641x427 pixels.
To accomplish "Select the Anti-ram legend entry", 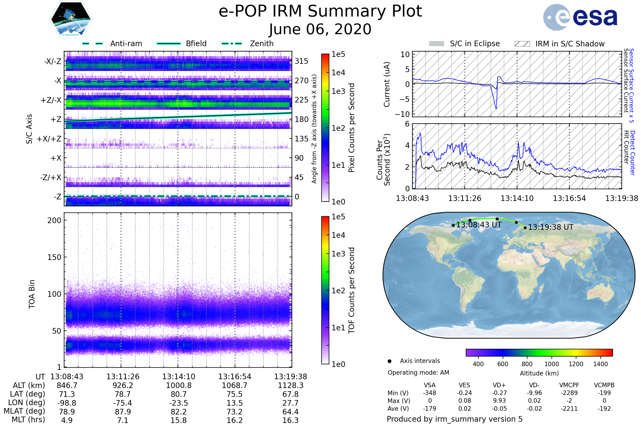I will [x=112, y=44].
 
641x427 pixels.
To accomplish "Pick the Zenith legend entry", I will [x=248, y=44].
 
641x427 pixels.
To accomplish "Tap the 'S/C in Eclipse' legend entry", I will [x=464, y=44].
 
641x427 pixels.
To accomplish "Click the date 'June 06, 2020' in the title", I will [x=320, y=29].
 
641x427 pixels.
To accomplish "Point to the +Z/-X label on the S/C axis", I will [x=51, y=100].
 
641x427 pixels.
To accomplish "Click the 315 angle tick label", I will [x=302, y=61].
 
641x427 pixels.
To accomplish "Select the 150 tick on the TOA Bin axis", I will [x=54, y=257].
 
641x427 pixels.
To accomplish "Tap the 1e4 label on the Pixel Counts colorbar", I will [x=338, y=73].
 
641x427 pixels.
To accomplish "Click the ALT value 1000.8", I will [x=179, y=385].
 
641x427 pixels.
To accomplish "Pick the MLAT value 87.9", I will [x=123, y=412].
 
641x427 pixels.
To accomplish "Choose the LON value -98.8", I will [x=67, y=403].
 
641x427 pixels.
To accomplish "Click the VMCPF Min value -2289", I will [x=569, y=393].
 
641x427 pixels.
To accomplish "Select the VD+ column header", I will [x=499, y=385].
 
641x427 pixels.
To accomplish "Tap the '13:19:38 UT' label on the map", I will [x=551, y=227].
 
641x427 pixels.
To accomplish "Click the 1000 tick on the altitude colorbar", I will [x=552, y=364].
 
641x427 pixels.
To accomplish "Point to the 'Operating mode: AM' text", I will [x=418, y=373].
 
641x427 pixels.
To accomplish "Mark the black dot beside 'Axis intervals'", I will [x=390, y=361].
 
